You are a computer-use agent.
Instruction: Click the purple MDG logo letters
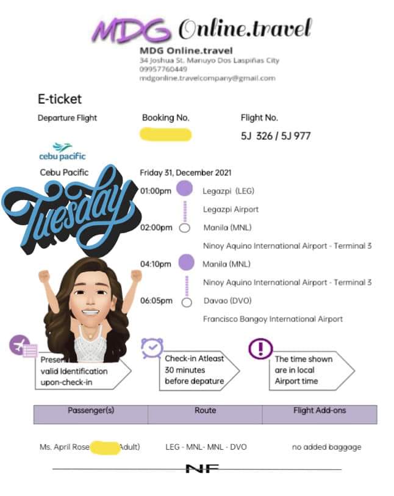pos(132,29)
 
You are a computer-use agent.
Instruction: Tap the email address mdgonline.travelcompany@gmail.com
pos(207,78)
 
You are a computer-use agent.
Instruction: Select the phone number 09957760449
pos(163,69)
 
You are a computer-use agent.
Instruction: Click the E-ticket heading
pos(59,99)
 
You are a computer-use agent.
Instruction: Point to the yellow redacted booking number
pos(165,135)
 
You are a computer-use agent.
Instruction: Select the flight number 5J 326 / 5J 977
pos(276,135)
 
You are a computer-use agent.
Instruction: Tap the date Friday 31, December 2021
pos(185,173)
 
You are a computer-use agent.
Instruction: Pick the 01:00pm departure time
pos(156,191)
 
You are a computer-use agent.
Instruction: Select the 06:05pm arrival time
pos(156,301)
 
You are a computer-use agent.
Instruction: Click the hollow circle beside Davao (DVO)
pos(187,301)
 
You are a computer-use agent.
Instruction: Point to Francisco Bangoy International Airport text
pos(273,319)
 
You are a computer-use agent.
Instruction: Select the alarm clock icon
pos(152,347)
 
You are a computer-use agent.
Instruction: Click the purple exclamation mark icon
pos(260,348)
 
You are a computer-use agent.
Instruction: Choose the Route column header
pos(205,411)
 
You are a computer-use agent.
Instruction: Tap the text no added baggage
pos(326,447)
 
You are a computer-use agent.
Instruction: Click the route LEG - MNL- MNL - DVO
pos(206,447)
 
